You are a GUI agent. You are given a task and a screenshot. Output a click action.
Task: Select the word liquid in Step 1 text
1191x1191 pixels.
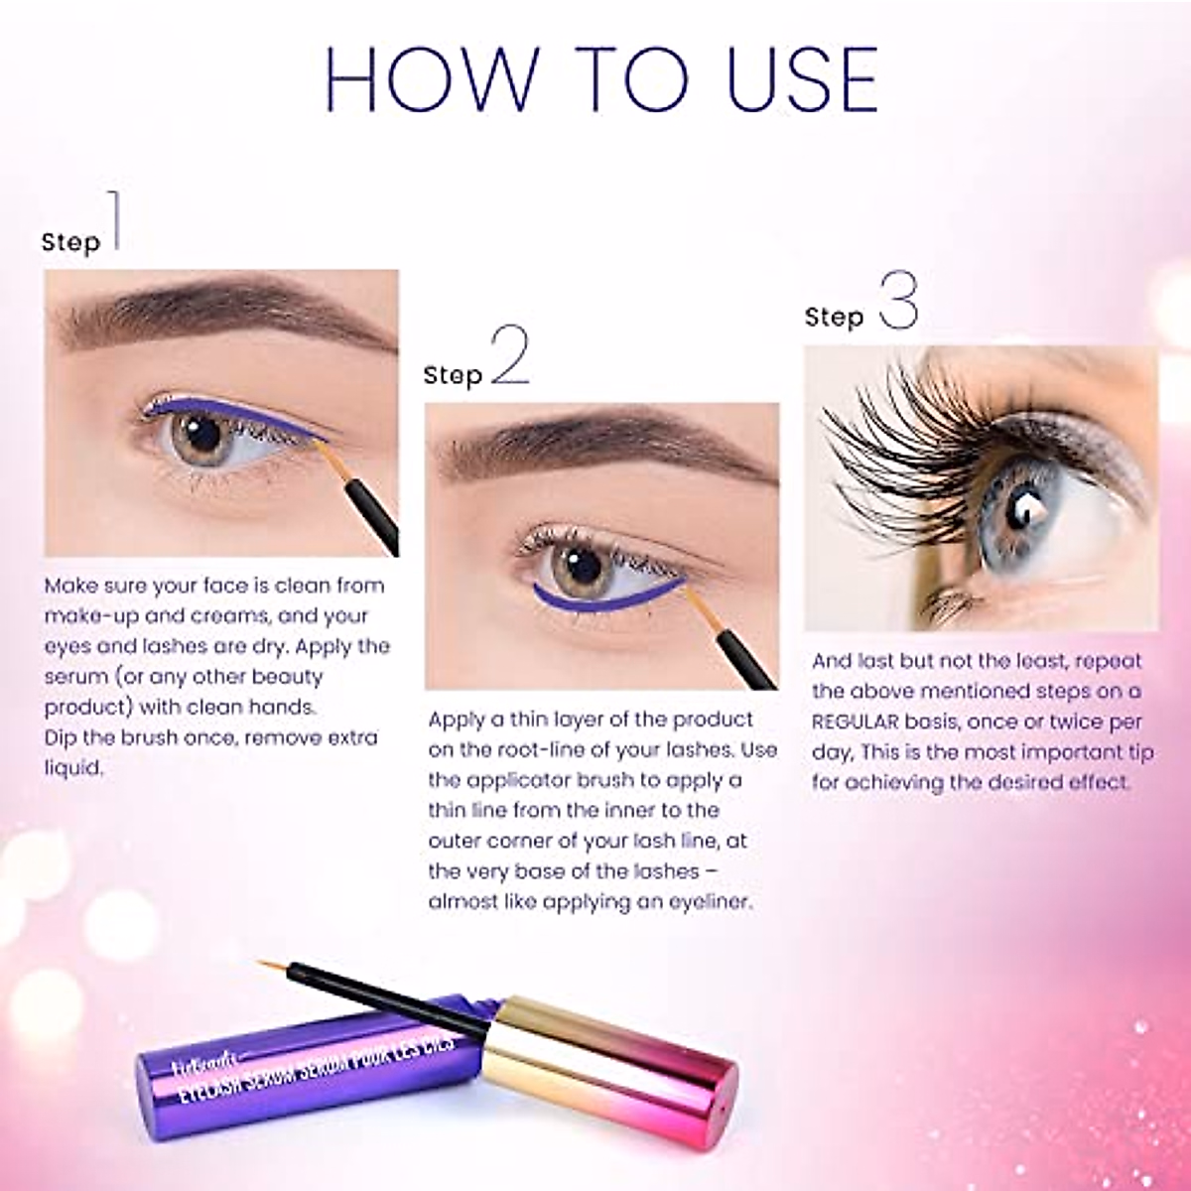coord(74,768)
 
